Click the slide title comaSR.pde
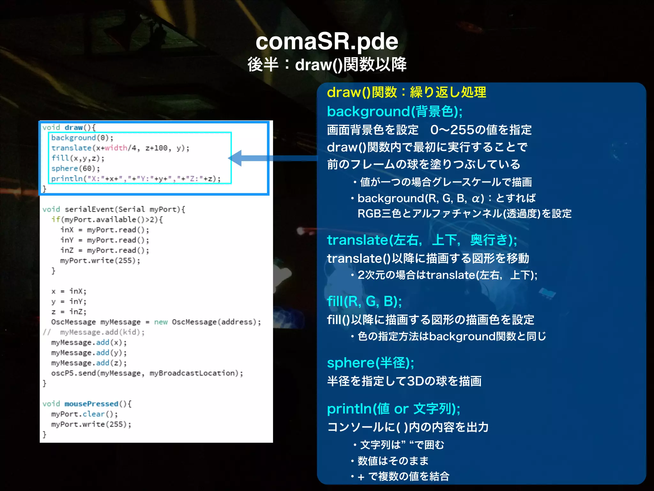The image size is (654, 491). coord(327,42)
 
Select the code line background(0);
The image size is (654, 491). coord(82,138)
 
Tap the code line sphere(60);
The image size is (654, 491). coord(75,168)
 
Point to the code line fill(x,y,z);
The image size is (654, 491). coord(78,158)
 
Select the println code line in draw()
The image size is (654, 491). coord(136,179)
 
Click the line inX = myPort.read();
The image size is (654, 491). coord(105,230)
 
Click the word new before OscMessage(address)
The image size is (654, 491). coord(161,322)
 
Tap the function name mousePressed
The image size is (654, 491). coord(91,404)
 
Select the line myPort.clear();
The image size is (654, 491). coord(84,414)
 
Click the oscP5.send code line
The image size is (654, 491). coord(147,373)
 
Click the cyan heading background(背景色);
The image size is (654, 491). coord(395,112)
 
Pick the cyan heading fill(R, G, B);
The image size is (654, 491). coord(364,301)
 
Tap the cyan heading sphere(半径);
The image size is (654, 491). coord(370,363)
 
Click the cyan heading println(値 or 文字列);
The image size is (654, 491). coord(393,409)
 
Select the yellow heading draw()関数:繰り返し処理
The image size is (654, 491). coord(407,92)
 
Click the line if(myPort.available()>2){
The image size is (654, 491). coord(107,220)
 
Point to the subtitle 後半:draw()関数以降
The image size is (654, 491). coord(327,65)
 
